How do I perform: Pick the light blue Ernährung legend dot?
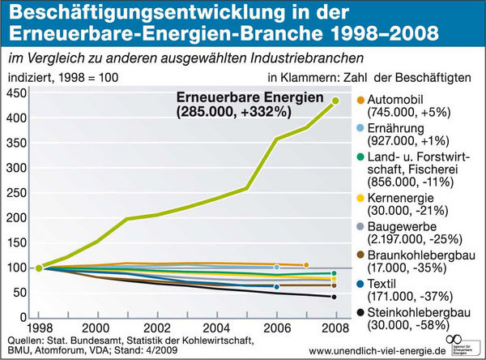361,128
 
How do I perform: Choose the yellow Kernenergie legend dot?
361,197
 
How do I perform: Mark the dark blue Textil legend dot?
361,284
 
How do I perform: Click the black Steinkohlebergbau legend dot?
361,311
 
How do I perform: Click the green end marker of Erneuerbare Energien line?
335,101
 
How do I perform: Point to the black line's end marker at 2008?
335,297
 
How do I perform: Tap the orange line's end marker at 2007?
306,265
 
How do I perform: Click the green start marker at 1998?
38,268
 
